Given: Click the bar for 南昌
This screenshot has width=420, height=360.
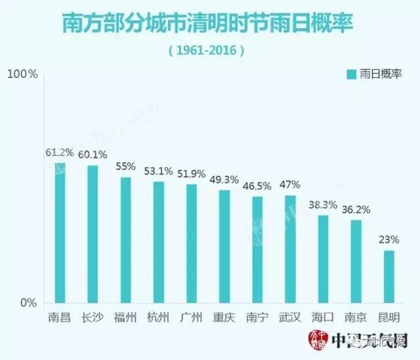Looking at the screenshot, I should pyautogui.click(x=60, y=233).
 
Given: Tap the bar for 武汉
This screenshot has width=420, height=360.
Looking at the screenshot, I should pyautogui.click(x=290, y=249).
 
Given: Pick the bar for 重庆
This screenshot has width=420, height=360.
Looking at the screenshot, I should pyautogui.click(x=224, y=247).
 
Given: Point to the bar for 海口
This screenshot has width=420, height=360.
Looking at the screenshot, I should pyautogui.click(x=323, y=259).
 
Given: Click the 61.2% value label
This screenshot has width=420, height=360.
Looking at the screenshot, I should pyautogui.click(x=59, y=153).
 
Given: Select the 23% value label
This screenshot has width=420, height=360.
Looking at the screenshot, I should pyautogui.click(x=389, y=240).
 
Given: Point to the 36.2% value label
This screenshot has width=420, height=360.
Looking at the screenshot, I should pyautogui.click(x=356, y=210).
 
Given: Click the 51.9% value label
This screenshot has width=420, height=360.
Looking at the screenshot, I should pyautogui.click(x=192, y=173).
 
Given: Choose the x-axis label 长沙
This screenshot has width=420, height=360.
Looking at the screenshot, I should pyautogui.click(x=93, y=317).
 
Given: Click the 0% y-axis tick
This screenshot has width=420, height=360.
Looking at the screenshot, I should pyautogui.click(x=28, y=303).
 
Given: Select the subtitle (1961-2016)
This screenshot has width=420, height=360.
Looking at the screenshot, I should pyautogui.click(x=209, y=50).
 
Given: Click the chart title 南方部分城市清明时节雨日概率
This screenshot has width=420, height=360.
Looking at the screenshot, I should pyautogui.click(x=209, y=23).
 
